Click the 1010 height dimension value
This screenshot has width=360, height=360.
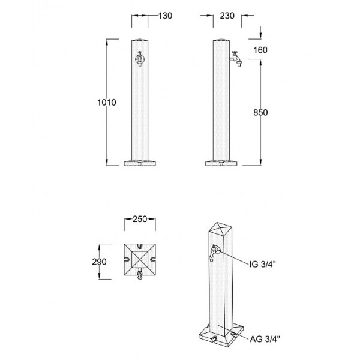click(106, 103)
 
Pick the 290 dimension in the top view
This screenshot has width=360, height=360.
click(100, 262)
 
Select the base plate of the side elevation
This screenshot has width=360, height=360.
click(223, 163)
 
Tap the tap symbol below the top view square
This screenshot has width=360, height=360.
click(139, 277)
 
